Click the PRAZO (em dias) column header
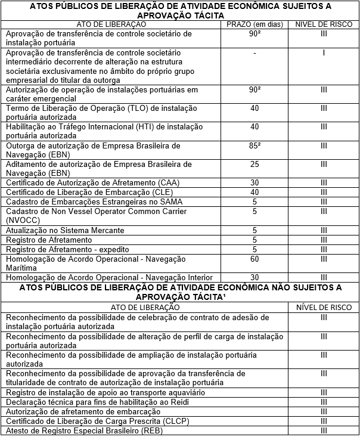[255, 24]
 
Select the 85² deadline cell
[255, 145]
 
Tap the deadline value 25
[255, 164]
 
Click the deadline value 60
[255, 259]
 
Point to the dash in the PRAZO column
[255, 53]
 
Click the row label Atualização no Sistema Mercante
[64, 230]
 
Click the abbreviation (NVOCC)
[23, 220]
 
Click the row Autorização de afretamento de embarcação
[83, 412]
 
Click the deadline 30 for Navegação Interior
[255, 277]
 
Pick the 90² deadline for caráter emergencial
[255, 89]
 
